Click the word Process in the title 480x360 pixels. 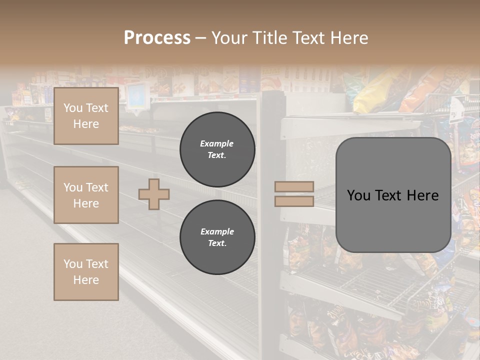tap(157, 38)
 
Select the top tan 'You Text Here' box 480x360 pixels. tap(86, 116)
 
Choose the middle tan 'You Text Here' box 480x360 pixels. tap(86, 195)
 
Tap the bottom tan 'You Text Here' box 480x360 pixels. tap(86, 271)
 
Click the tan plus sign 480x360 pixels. tap(154, 194)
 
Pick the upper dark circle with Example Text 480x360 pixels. tap(217, 149)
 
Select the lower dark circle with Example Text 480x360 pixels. tap(217, 237)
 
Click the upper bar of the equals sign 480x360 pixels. tap(294, 186)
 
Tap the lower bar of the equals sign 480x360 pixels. tap(294, 201)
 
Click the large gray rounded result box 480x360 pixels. tap(393, 195)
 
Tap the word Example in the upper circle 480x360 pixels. tap(217, 143)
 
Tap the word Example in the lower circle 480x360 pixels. tap(217, 231)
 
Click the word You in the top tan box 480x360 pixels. tap(73, 108)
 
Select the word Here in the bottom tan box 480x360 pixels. tap(86, 280)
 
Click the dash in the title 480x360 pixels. tap(200, 38)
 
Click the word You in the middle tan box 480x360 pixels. tap(73, 187)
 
